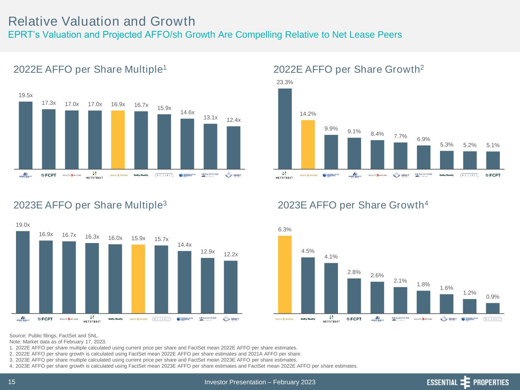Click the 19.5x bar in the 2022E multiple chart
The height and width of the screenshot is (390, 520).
[x=26, y=135]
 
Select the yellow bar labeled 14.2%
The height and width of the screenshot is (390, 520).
[x=308, y=144]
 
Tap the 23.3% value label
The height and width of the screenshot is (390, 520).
[x=285, y=82]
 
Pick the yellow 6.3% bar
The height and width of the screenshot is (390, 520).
[x=285, y=274]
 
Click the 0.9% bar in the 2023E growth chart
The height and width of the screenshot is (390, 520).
[x=493, y=308]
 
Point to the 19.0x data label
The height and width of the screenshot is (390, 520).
[x=23, y=225]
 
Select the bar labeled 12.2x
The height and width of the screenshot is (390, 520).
[x=230, y=287]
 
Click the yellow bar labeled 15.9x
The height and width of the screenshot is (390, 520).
[x=138, y=278]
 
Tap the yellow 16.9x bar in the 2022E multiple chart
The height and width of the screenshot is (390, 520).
[x=118, y=139]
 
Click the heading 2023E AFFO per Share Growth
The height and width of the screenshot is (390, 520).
[x=353, y=205]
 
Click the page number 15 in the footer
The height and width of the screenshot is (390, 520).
[x=12, y=382]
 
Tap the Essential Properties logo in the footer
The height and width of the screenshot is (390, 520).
[x=467, y=382]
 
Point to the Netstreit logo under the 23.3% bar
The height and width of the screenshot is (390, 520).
[x=285, y=175]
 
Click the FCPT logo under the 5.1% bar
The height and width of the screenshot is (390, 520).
[x=493, y=175]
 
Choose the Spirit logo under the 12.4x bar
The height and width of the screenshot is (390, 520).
[x=233, y=175]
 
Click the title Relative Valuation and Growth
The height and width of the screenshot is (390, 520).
[x=102, y=21]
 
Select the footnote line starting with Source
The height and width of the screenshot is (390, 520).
[x=54, y=336]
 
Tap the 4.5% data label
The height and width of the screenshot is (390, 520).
[x=308, y=251]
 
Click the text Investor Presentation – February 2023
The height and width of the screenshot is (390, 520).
[x=260, y=382]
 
